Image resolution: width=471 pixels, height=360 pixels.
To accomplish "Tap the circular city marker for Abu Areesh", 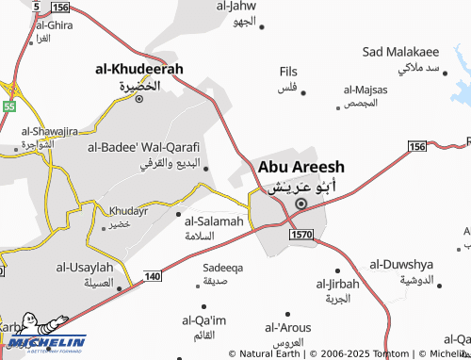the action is (x=301, y=203).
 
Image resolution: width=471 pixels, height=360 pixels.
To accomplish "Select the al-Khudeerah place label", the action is (x=139, y=69).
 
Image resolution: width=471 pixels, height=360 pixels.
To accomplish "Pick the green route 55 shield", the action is (x=9, y=106).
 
